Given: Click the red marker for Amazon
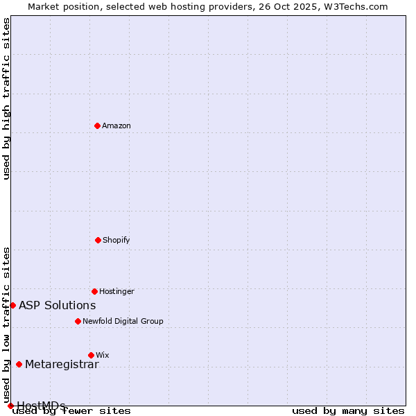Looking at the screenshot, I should pyautogui.click(x=97, y=125).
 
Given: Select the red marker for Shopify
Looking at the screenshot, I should pyautogui.click(x=98, y=240).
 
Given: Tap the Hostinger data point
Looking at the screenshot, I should pyautogui.click(x=94, y=291).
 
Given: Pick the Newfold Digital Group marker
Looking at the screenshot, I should pyautogui.click(x=78, y=321).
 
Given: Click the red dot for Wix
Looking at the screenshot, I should pyautogui.click(x=91, y=355).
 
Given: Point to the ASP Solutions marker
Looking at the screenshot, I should pyautogui.click(x=12, y=305).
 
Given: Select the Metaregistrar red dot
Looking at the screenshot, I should pyautogui.click(x=19, y=364).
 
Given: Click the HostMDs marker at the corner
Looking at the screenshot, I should pyautogui.click(x=10, y=406).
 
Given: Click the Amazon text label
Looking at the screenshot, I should pyautogui.click(x=116, y=125).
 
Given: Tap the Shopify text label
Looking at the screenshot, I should pyautogui.click(x=116, y=240).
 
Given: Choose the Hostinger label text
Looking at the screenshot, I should pyautogui.click(x=116, y=291).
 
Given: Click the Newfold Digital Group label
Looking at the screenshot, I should pyautogui.click(x=123, y=321).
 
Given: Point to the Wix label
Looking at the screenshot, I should pyautogui.click(x=103, y=355).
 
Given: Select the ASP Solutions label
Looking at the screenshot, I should pyautogui.click(x=57, y=305).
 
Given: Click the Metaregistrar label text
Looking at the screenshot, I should pyautogui.click(x=62, y=365).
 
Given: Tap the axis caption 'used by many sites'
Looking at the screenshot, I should pyautogui.click(x=348, y=411).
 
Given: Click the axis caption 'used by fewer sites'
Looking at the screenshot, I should pyautogui.click(x=72, y=411).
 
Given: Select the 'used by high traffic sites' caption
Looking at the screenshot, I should pyautogui.click(x=6, y=98).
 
